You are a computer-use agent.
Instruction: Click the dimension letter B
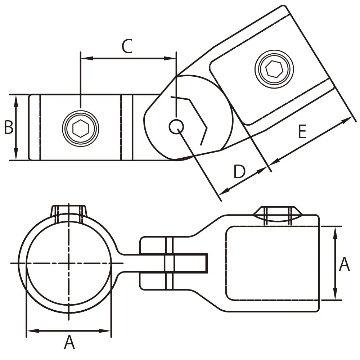(x=9, y=127)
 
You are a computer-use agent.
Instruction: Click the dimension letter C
(x=127, y=46)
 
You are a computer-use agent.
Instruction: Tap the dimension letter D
(x=239, y=171)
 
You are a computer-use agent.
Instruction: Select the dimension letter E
(x=302, y=131)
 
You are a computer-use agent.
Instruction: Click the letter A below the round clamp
(x=69, y=342)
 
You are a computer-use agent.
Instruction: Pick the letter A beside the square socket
(x=344, y=264)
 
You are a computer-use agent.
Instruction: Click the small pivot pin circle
(x=176, y=126)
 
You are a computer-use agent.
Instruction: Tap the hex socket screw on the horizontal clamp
(x=80, y=129)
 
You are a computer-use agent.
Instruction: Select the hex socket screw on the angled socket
(x=274, y=69)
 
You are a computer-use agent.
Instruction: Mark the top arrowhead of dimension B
(x=16, y=101)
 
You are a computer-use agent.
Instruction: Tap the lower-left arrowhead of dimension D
(x=225, y=190)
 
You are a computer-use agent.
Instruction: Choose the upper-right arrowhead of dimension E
(x=346, y=120)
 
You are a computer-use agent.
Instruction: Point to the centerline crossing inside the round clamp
(x=69, y=263)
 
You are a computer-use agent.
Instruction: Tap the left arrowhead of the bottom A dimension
(x=33, y=331)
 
